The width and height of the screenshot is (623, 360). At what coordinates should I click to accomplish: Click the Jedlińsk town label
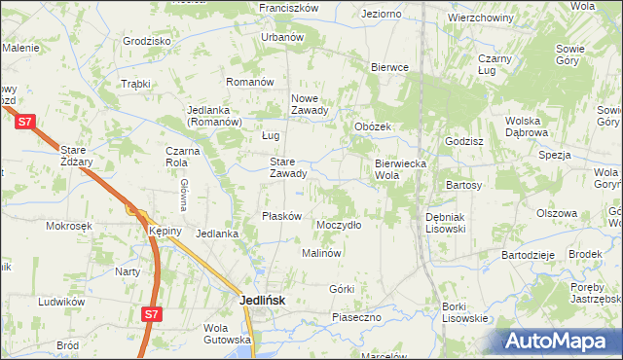click(262, 301)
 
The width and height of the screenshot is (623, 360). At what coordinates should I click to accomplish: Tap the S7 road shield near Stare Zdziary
click(26, 121)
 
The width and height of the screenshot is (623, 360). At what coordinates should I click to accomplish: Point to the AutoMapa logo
click(563, 342)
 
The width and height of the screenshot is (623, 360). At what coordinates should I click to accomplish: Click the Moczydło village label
click(339, 225)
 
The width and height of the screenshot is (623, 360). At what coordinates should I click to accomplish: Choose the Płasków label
click(282, 216)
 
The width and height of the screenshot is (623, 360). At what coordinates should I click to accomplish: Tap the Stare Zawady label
click(288, 167)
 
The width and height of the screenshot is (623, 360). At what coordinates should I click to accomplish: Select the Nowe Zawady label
click(312, 104)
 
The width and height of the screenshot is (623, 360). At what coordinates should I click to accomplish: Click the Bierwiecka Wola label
click(401, 169)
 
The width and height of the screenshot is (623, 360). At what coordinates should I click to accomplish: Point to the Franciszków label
click(289, 7)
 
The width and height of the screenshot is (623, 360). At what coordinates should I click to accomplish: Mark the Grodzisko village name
click(147, 41)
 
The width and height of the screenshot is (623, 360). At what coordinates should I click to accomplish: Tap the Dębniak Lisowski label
click(446, 222)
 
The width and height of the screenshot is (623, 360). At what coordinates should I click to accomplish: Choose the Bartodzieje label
click(528, 254)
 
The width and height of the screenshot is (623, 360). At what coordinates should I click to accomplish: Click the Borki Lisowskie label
click(464, 312)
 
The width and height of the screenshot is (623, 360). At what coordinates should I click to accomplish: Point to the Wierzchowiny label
click(481, 18)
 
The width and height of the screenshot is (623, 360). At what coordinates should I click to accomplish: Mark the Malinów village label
click(320, 253)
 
